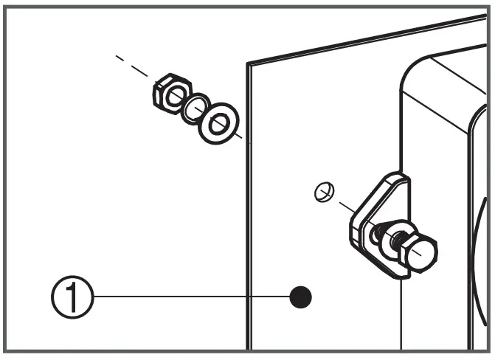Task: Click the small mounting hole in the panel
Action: (x=321, y=193)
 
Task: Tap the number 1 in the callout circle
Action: (x=72, y=298)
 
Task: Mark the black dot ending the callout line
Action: (x=300, y=297)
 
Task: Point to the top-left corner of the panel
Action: (x=247, y=63)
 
